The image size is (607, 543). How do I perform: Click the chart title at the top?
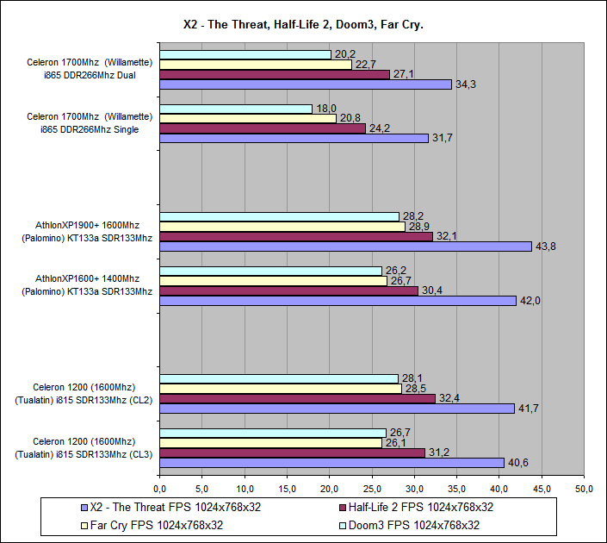pyautogui.click(x=303, y=25)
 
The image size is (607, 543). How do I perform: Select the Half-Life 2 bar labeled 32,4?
pyautogui.click(x=298, y=398)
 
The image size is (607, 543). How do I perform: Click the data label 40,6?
pyautogui.click(x=519, y=463)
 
